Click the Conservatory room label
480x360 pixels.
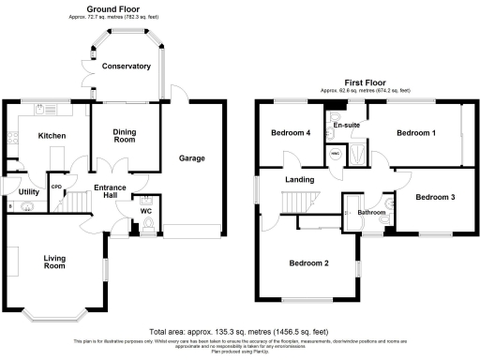127,67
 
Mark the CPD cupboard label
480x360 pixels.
57,186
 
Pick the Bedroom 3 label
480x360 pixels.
435,198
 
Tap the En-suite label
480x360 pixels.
347,125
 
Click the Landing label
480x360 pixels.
300,180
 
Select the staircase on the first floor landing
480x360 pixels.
297,201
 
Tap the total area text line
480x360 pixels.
240,332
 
